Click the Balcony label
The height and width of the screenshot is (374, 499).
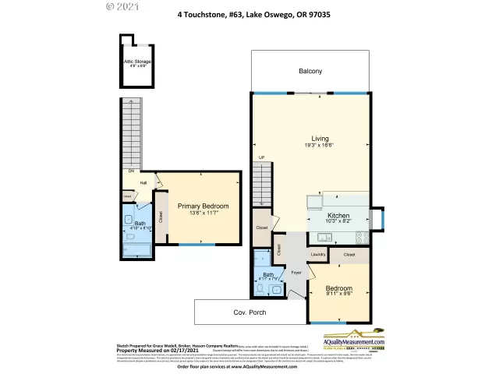click(310, 72)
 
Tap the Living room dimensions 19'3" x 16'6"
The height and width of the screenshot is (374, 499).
click(320, 145)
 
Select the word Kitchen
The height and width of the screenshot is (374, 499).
click(338, 214)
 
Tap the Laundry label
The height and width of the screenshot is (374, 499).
click(317, 254)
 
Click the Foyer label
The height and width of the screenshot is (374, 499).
click(296, 273)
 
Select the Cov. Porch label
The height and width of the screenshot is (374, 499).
click(249, 312)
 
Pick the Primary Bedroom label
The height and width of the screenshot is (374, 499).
click(202, 206)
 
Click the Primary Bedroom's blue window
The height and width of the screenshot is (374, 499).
click(191, 245)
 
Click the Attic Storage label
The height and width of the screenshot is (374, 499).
click(136, 62)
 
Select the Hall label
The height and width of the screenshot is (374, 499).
click(143, 183)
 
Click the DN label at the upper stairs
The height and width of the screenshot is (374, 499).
click(131, 171)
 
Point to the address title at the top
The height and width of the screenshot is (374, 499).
click(249, 12)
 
